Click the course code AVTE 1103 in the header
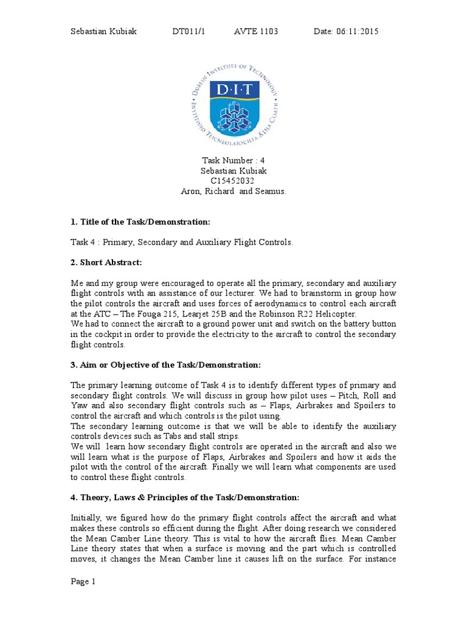coord(256,32)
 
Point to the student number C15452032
coord(233,181)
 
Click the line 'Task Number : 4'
coord(233,161)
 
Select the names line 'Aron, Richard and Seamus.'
coord(233,190)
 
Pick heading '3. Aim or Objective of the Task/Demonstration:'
coord(165,364)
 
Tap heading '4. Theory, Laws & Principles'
coord(185,498)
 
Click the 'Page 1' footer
coord(83,582)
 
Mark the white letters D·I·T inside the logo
coord(235,90)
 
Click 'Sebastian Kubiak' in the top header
coord(103,32)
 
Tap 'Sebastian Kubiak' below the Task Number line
coord(233,171)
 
